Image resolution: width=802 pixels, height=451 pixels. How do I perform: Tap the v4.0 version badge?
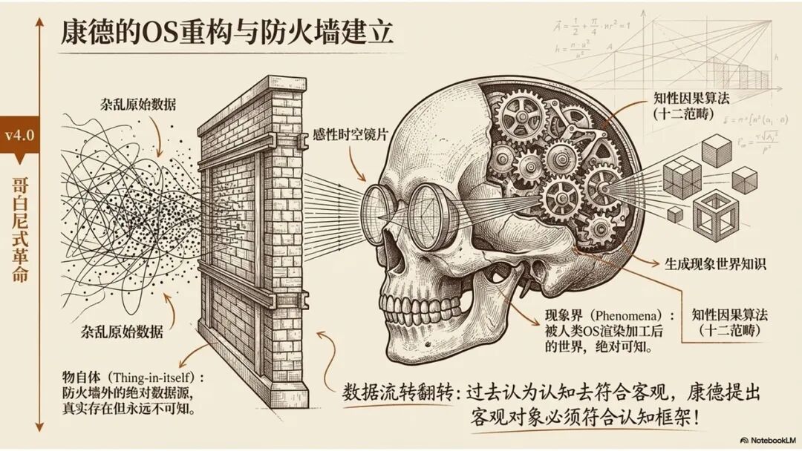(20, 136)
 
